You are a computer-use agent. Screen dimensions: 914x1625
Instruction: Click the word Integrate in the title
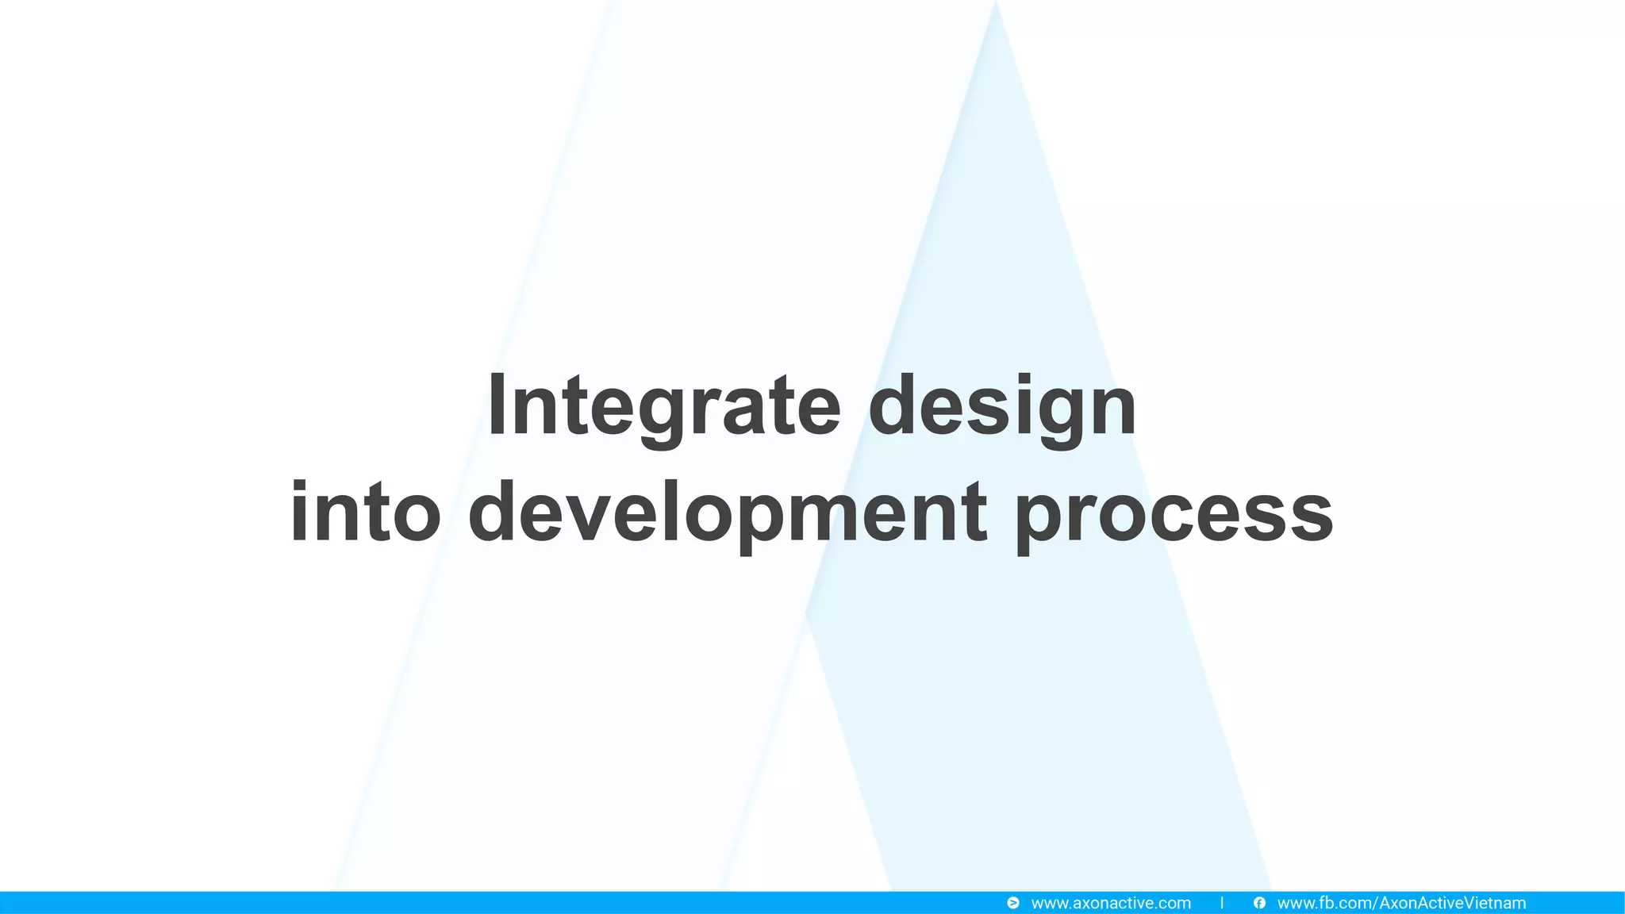tap(663, 406)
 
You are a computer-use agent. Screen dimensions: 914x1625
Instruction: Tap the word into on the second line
tap(365, 513)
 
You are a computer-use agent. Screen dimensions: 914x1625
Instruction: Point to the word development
tap(728, 513)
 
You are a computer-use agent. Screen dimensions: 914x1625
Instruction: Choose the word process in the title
tap(1174, 513)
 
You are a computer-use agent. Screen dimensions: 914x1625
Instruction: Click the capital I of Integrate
tap(497, 405)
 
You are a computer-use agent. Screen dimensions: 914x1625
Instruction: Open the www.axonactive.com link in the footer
tap(1110, 903)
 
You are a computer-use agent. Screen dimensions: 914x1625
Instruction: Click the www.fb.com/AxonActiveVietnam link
tap(1401, 903)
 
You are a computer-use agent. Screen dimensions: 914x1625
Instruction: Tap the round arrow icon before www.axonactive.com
tap(1013, 903)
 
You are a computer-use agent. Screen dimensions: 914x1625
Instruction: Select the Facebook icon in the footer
tap(1259, 903)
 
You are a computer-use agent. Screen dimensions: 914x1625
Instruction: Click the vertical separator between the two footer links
tap(1222, 903)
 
